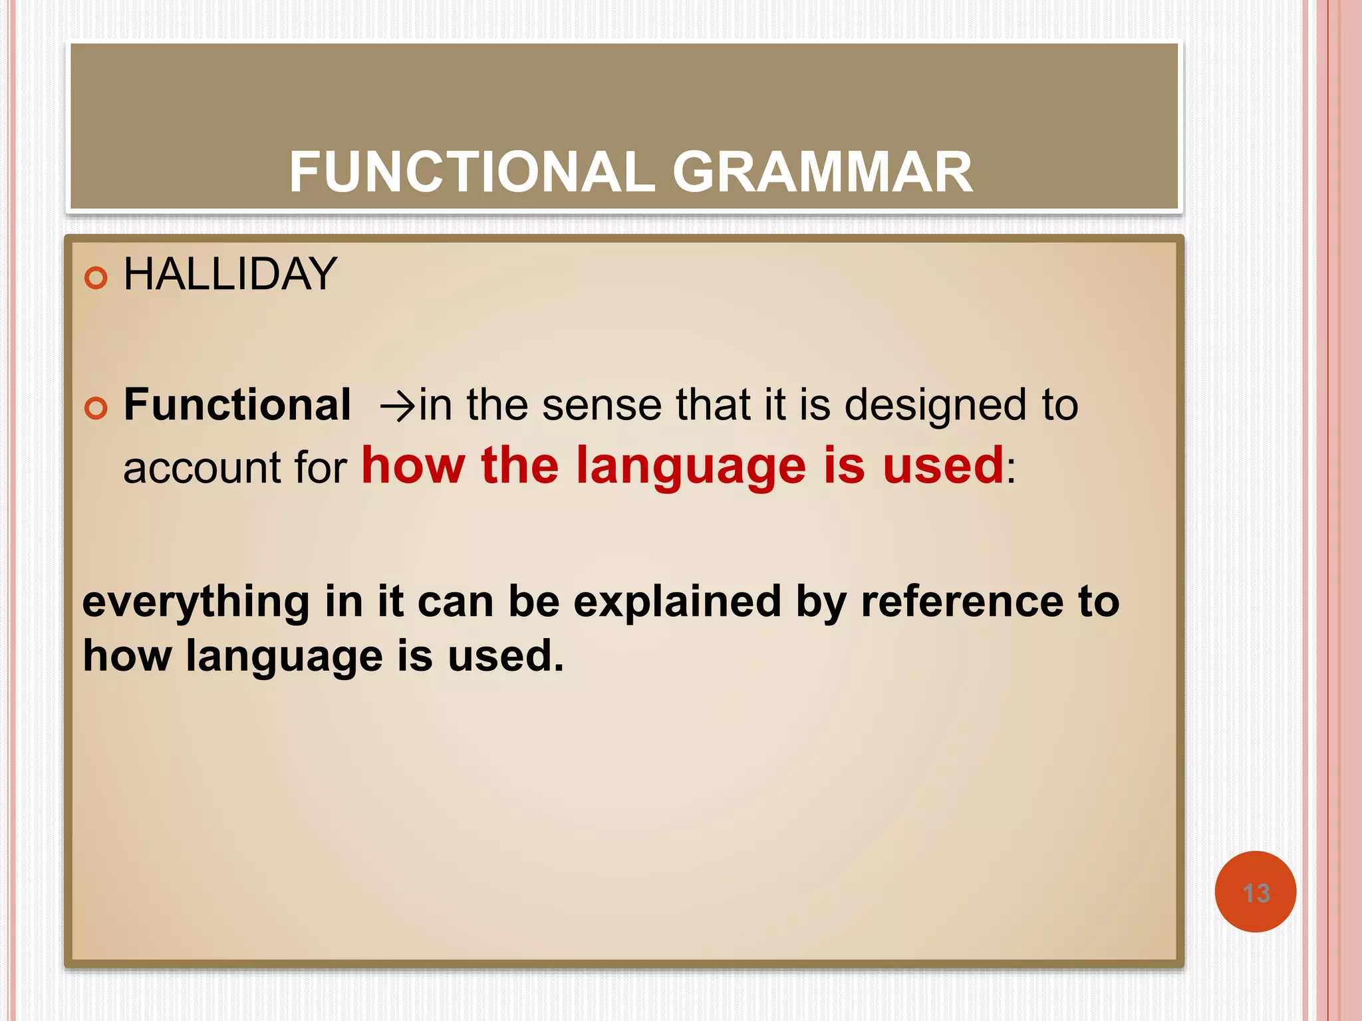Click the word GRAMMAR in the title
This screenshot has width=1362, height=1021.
point(823,172)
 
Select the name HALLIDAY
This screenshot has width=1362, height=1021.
point(230,274)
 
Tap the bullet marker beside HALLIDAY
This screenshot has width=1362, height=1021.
point(96,278)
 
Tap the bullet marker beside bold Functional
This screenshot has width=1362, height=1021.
point(96,408)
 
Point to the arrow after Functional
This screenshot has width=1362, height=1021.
point(397,405)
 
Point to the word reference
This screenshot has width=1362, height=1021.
point(962,601)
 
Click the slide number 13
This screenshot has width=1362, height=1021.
point(1256,893)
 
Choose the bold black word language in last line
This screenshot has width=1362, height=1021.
point(284,657)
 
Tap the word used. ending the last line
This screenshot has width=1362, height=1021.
point(505,655)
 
